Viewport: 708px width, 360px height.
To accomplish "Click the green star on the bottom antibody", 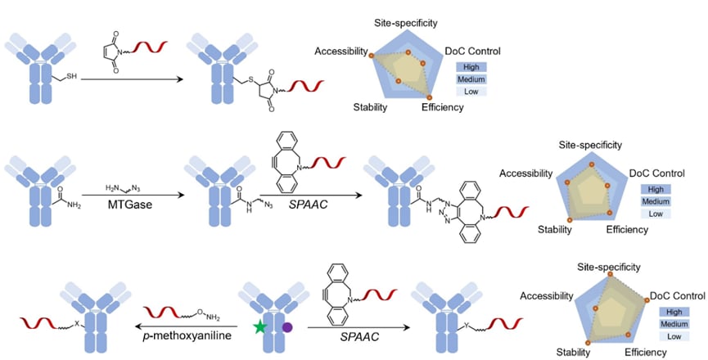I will pos(261,327).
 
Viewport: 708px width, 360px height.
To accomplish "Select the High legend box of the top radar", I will pos(472,67).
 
